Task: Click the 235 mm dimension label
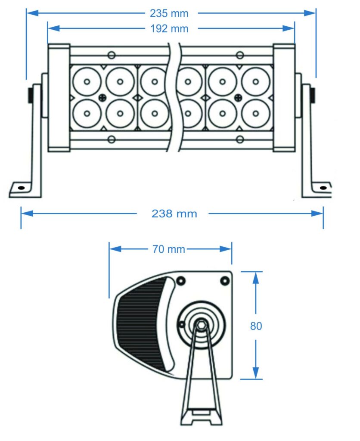point(169,13)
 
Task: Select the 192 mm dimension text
point(169,29)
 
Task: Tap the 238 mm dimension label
point(174,214)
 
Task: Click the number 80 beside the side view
point(256,326)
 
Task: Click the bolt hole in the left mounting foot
point(20,188)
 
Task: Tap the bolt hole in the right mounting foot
point(323,188)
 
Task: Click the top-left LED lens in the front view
point(87,81)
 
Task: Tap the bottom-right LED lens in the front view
point(255,114)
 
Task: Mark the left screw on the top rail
point(112,55)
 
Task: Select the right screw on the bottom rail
point(240,139)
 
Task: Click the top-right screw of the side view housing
point(224,281)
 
